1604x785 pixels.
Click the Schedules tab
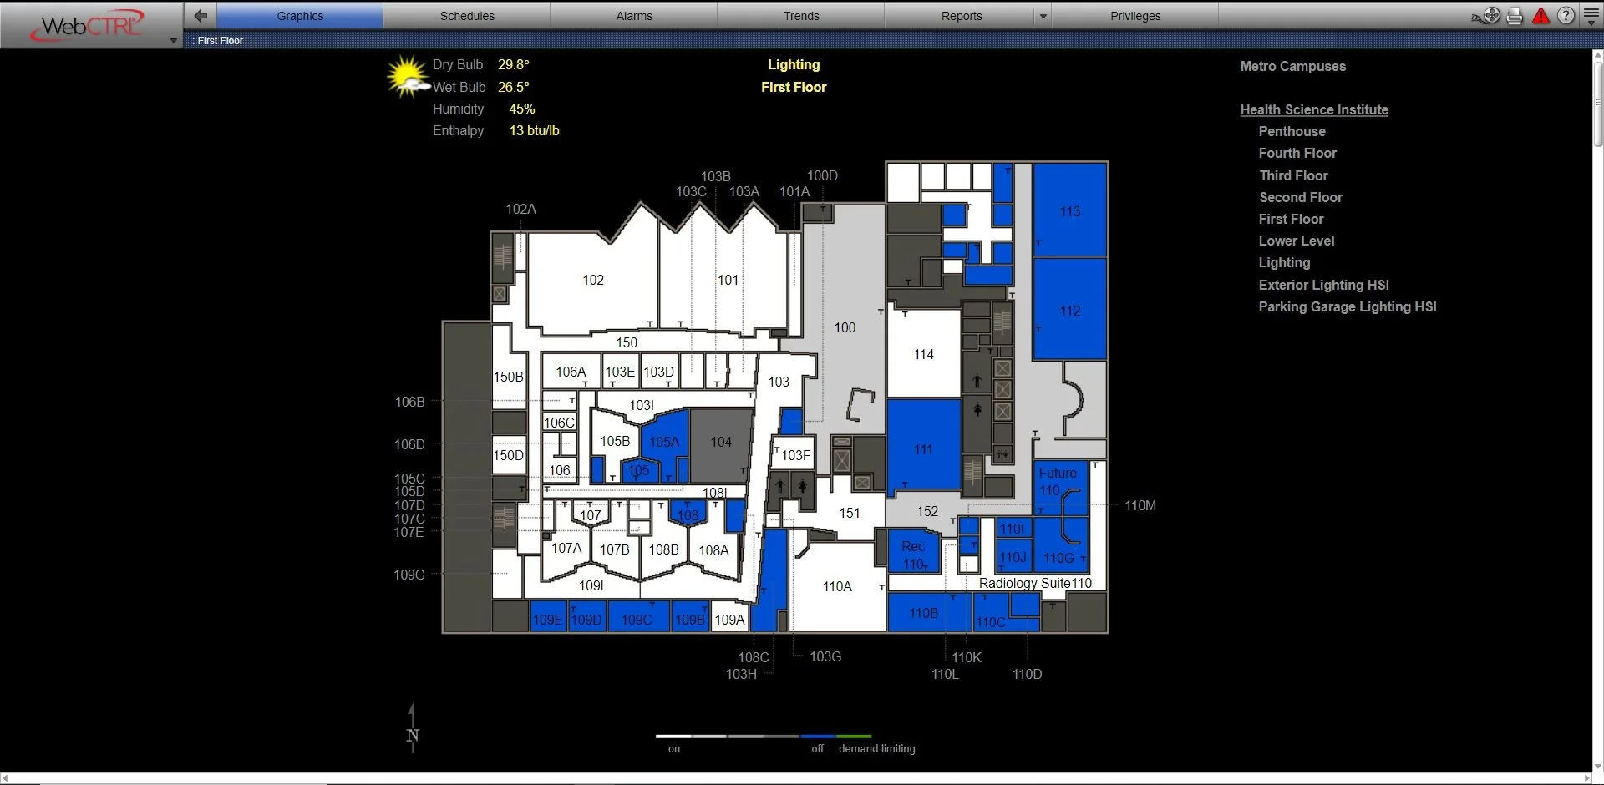[467, 16]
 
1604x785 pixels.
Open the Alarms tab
[634, 16]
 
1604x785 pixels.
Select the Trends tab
[801, 16]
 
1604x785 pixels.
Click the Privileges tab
[1135, 16]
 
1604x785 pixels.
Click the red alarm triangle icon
[1541, 16]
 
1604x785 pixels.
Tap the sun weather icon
[407, 77]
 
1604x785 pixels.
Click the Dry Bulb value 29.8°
[514, 65]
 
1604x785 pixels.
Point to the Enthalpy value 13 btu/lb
[534, 131]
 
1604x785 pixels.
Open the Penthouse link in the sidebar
[1292, 132]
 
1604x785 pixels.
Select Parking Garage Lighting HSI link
[1347, 307]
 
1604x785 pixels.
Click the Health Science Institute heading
[1313, 110]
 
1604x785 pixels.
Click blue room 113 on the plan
[1070, 211]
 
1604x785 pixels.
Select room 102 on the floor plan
[593, 281]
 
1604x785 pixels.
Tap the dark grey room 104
[721, 443]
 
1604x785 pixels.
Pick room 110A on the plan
[837, 587]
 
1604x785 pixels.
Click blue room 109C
[637, 620]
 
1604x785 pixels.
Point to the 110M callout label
[1140, 506]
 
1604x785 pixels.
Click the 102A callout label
[520, 210]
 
